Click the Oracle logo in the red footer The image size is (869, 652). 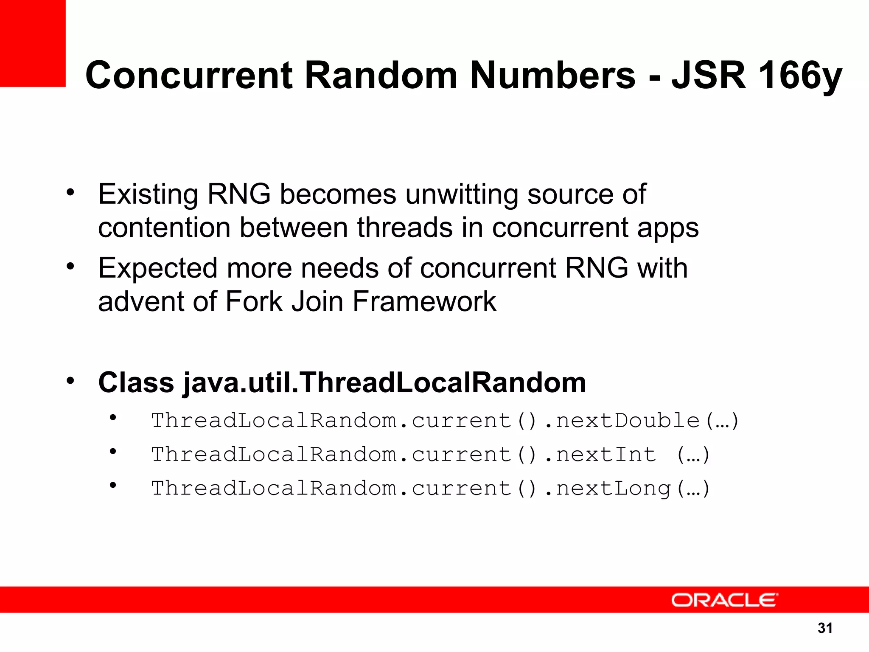724,600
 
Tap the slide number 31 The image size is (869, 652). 825,628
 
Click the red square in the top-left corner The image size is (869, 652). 33,43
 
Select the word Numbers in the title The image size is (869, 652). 552,75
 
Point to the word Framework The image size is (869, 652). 424,302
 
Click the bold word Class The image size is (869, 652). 136,382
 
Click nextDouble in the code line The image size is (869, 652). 628,421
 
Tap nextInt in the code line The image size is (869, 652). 606,455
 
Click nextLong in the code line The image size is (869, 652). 613,489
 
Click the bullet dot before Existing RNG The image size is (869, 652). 70,193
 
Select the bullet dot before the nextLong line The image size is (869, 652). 112,485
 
